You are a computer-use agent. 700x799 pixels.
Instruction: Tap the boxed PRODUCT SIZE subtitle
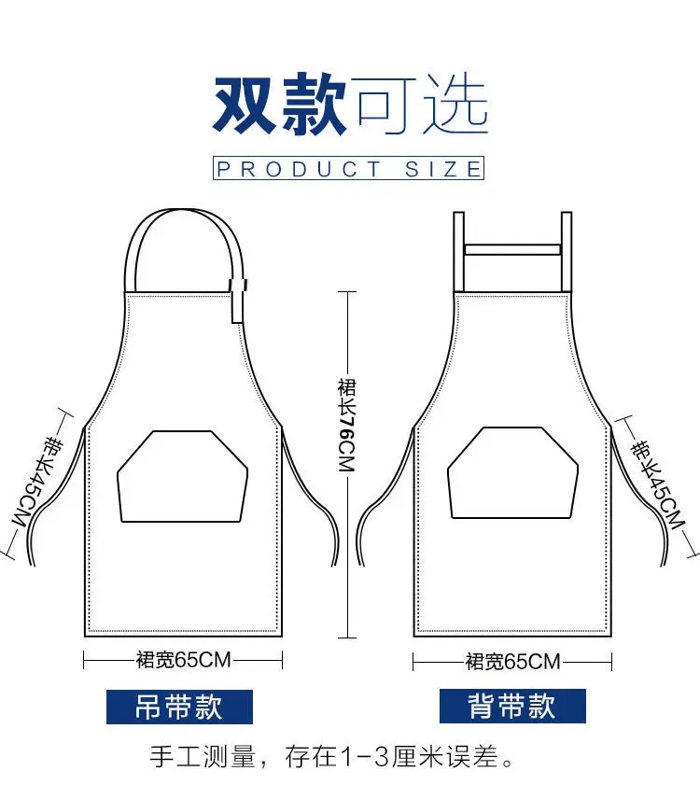(349, 169)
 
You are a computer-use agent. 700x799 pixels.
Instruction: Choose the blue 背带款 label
(512, 707)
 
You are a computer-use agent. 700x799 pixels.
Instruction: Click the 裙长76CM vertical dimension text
(347, 426)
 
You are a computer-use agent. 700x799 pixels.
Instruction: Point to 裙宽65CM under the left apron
(183, 661)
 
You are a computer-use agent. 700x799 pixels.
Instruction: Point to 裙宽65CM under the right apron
(512, 662)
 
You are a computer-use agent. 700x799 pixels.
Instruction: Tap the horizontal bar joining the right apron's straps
(511, 250)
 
